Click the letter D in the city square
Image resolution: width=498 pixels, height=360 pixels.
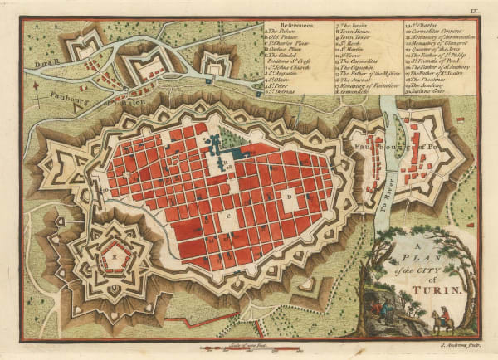pos(288,198)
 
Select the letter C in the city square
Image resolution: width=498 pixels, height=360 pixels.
pos(226,214)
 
